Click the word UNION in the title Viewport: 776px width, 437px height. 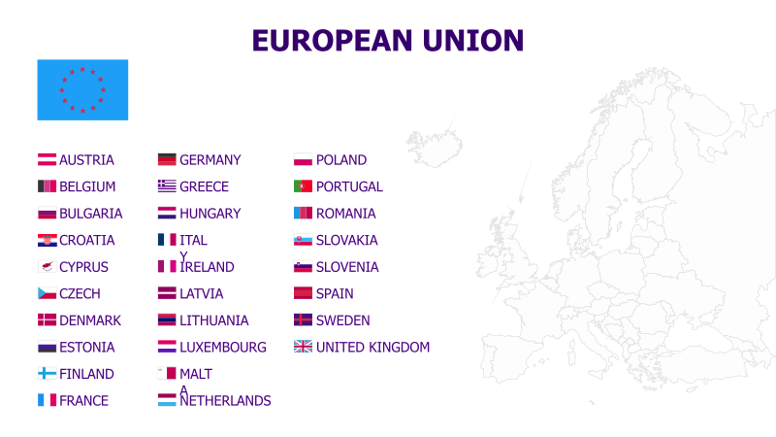(x=473, y=40)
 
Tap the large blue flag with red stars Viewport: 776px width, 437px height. (x=82, y=89)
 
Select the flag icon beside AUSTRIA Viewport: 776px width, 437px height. (x=47, y=160)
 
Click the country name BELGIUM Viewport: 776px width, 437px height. (x=87, y=186)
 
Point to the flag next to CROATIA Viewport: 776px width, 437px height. (x=47, y=240)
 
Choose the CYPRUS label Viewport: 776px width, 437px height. (x=83, y=267)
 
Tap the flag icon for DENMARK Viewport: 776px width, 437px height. (x=47, y=320)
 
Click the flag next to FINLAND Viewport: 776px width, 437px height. (x=47, y=374)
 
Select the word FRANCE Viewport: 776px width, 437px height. (x=83, y=400)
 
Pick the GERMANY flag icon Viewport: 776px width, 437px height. (x=167, y=160)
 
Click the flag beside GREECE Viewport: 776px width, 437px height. (x=167, y=186)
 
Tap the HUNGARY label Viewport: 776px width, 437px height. (x=210, y=214)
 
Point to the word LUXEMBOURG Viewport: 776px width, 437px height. (x=223, y=347)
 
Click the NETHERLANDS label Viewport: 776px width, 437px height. (x=225, y=400)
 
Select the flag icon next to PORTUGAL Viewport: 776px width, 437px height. (x=303, y=186)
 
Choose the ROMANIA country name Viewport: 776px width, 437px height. (x=345, y=214)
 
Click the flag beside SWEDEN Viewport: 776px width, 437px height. (x=303, y=320)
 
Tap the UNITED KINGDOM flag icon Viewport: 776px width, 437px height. (x=303, y=347)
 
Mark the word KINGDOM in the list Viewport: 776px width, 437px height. (x=399, y=347)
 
